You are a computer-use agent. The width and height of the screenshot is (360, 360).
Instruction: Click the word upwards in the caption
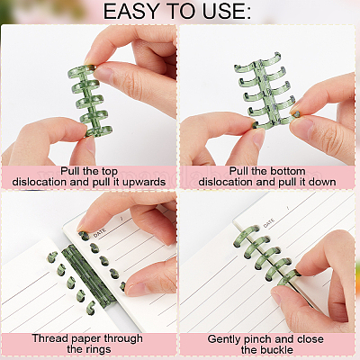tap(144, 183)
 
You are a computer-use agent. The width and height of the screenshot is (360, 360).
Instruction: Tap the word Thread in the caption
tap(47, 338)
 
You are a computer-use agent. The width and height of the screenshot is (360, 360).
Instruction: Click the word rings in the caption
tap(98, 349)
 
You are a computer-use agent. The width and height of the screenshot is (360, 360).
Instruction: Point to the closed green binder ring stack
tap(89, 101)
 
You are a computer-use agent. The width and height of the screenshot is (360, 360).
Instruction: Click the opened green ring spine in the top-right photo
tap(264, 92)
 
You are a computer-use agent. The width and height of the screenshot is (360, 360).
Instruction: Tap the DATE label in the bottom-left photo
tap(99, 233)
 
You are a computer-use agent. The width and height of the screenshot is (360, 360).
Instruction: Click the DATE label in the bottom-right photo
tap(269, 223)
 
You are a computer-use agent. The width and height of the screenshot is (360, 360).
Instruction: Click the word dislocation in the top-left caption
tap(40, 183)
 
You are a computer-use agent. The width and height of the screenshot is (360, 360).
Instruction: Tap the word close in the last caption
tap(310, 339)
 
